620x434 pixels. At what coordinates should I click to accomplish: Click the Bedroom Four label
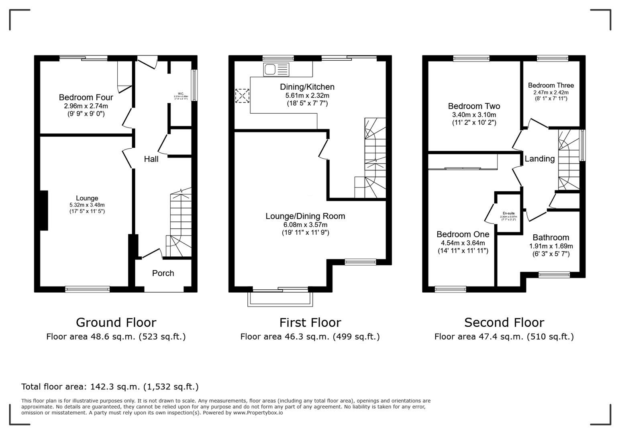(x=86, y=97)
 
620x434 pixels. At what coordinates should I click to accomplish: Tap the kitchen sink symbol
(x=276, y=70)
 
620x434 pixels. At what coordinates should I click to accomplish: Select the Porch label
(x=163, y=273)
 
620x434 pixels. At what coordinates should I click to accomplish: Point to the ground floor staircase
(x=180, y=225)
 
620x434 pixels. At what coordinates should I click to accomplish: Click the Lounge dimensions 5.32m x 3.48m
(x=87, y=205)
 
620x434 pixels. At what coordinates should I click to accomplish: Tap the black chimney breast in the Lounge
(x=43, y=210)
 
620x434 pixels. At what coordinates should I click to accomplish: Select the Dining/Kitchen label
(x=307, y=87)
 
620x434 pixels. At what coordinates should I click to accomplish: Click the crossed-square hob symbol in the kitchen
(x=242, y=96)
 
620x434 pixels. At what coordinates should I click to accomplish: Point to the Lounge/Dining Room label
(x=305, y=216)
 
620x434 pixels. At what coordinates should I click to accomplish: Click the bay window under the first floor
(x=280, y=299)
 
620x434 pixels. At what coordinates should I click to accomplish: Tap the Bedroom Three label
(x=551, y=85)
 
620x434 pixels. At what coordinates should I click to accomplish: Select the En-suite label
(x=508, y=213)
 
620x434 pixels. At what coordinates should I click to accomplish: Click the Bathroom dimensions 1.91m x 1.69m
(x=551, y=246)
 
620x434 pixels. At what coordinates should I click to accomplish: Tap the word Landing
(x=539, y=159)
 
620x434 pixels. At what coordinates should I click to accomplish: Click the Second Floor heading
(x=504, y=322)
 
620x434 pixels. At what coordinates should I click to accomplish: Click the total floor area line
(x=110, y=387)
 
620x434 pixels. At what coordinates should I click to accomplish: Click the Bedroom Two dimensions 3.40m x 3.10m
(x=474, y=115)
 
